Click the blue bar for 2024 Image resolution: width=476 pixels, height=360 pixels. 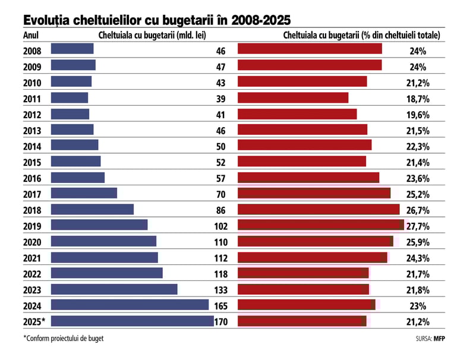coord(130,305)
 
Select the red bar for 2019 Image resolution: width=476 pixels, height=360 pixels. coord(321,225)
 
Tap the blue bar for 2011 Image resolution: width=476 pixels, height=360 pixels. coord(70,97)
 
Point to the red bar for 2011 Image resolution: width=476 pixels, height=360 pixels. coord(293,97)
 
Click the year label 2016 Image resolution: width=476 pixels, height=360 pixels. coord(32,178)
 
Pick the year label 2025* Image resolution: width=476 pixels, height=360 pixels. coord(34,321)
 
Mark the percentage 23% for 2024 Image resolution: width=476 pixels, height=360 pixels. coord(418,305)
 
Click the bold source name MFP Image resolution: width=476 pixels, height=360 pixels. coord(440,340)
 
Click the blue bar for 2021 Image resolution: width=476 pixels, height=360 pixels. coord(105,257)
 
